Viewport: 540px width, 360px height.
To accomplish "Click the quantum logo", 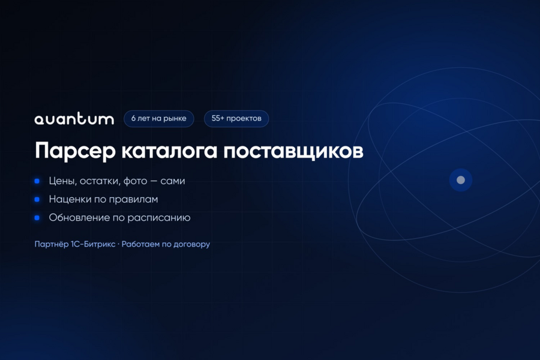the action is click(x=74, y=118).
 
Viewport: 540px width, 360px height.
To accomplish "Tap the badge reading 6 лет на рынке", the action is click(x=159, y=119).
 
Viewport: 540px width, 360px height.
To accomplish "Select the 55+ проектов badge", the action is click(x=236, y=119).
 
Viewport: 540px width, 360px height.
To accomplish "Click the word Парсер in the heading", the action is click(x=75, y=151).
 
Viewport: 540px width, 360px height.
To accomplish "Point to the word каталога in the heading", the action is click(x=169, y=151).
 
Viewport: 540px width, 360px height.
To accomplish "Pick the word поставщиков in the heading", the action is click(x=293, y=151).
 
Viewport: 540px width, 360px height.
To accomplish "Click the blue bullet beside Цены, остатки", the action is click(x=37, y=181).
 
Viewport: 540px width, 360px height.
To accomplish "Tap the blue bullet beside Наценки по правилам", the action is click(x=37, y=199).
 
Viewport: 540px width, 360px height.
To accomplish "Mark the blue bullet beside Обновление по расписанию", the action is click(x=37, y=218).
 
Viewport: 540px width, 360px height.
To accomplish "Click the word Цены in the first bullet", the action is click(x=62, y=181).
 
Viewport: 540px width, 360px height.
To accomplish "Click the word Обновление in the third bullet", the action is click(x=79, y=218).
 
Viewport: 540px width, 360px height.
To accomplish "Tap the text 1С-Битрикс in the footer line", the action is click(x=93, y=244).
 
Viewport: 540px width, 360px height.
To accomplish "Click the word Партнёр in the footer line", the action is click(x=52, y=244).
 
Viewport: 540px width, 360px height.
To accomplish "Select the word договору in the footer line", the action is click(x=191, y=244).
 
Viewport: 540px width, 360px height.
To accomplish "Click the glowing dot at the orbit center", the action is click(x=461, y=180).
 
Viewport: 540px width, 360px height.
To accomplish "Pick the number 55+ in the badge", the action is click(x=218, y=118).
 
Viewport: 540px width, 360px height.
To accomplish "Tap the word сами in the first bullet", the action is click(x=173, y=181).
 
